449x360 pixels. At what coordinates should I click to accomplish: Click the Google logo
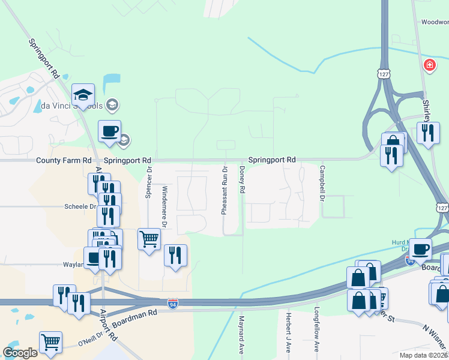pos(20,353)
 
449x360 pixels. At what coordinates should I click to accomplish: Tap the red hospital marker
pos(429,65)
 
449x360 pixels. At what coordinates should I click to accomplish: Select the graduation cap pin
pos(83,95)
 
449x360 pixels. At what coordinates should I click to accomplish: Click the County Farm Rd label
pos(64,161)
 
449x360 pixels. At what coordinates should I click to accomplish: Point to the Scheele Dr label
pos(80,206)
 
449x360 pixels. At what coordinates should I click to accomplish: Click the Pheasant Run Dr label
pos(224,191)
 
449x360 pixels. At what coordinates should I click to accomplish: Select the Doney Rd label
pos(243,180)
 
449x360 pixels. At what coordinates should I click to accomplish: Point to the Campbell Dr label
pos(322,183)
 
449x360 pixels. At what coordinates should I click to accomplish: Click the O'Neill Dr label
pos(91,343)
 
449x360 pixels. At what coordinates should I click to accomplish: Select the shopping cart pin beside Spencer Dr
pos(149,239)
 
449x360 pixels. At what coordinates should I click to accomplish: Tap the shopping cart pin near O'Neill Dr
pos(50,343)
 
